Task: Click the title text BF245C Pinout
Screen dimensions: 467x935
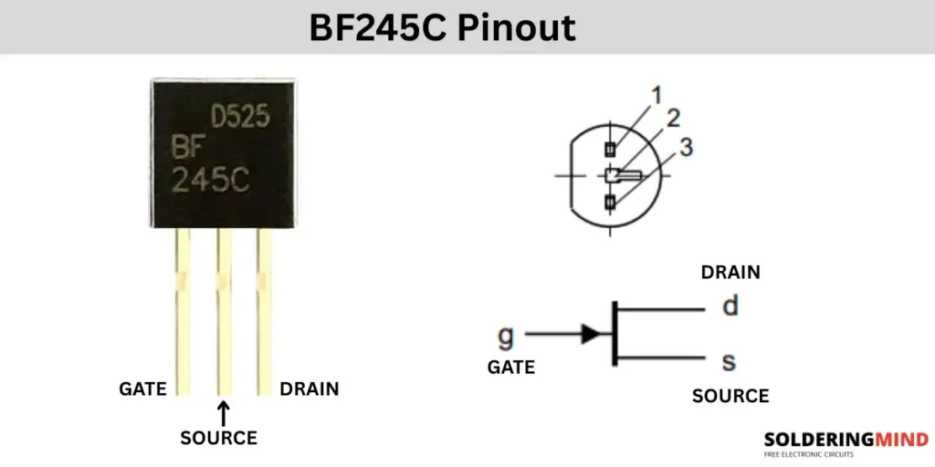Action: [442, 27]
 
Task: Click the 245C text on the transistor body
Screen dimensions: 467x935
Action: [210, 181]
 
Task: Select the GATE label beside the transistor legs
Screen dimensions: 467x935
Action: [142, 389]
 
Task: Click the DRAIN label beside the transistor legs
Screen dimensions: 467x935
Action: [309, 389]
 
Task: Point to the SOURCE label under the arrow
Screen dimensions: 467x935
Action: [219, 438]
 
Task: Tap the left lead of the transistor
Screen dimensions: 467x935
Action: [183, 310]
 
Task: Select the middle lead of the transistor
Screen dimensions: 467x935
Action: [224, 310]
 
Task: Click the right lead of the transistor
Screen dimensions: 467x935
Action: [265, 310]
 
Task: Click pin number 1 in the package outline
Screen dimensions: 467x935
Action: [655, 95]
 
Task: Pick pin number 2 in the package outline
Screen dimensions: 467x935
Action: [673, 118]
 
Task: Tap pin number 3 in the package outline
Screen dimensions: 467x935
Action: [687, 145]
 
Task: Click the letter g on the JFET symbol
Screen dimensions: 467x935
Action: [505, 337]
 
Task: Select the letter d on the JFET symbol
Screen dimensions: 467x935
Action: [730, 306]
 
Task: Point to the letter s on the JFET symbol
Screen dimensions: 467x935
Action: [729, 363]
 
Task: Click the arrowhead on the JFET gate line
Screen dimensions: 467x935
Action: [592, 334]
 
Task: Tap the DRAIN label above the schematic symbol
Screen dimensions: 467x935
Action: [730, 272]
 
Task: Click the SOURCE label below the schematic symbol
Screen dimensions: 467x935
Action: [730, 396]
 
